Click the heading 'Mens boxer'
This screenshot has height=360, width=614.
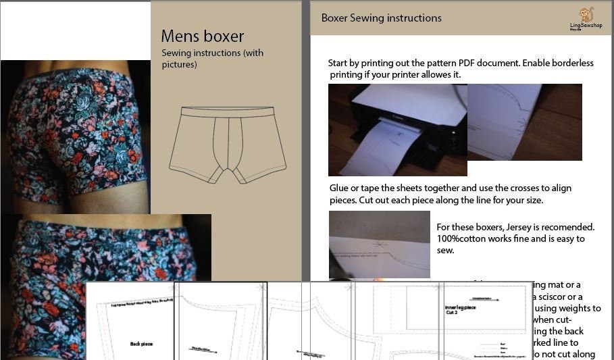202,36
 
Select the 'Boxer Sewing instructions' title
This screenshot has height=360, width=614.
381,18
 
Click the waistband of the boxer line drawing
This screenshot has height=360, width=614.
228,112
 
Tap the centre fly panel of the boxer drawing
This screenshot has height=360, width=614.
227,145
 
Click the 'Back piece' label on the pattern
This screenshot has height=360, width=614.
141,344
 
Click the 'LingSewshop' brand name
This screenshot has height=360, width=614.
585,25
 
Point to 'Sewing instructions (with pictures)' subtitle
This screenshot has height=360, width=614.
212,59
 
